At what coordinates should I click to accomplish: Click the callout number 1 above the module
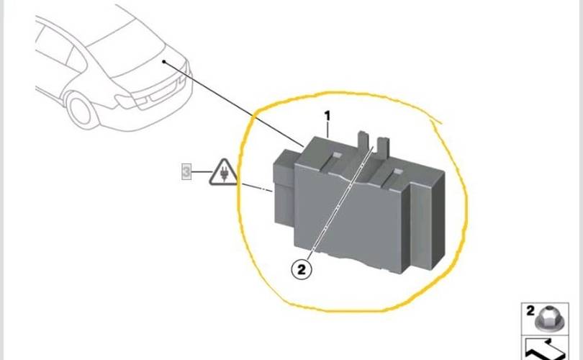click(327, 116)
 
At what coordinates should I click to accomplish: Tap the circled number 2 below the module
click(302, 269)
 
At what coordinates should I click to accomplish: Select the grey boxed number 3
click(186, 172)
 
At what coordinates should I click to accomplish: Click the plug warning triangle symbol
click(223, 173)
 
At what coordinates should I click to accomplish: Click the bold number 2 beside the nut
click(530, 310)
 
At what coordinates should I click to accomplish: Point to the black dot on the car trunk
click(163, 61)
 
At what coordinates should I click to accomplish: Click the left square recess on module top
click(338, 155)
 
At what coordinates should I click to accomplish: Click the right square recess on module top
click(397, 171)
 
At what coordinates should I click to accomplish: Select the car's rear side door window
click(76, 60)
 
